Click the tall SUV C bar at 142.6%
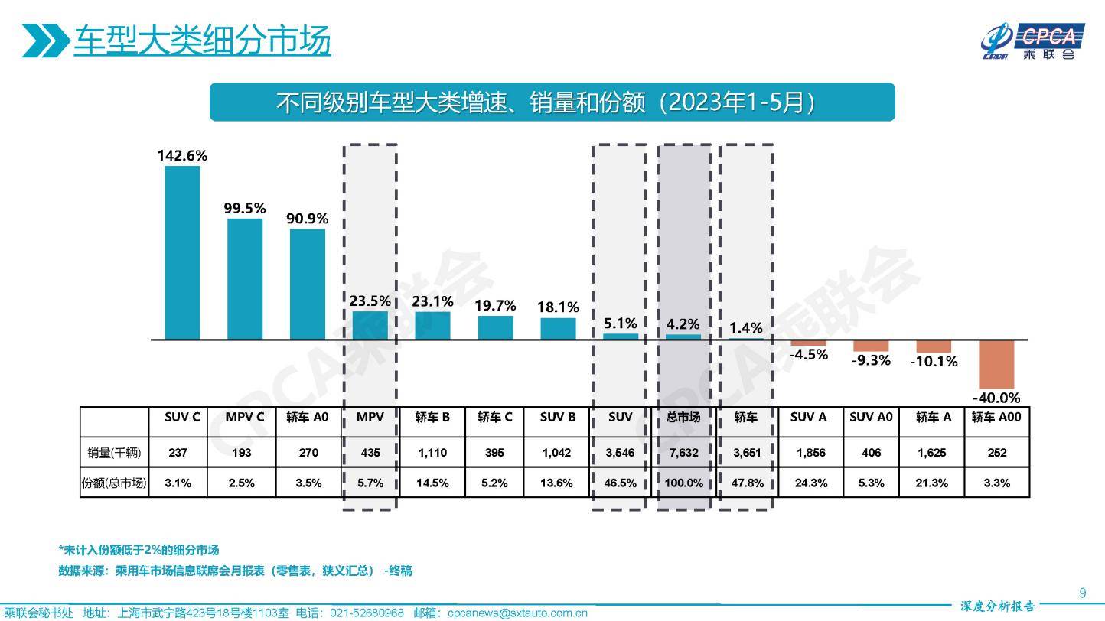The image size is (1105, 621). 182,252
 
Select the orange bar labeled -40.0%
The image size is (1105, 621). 996,365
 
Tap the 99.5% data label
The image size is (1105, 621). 245,208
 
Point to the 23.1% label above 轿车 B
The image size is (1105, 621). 432,301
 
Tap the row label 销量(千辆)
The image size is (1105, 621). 114,453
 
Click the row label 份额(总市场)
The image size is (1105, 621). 114,483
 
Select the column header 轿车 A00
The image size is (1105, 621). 996,418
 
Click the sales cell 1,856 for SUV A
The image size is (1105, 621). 810,453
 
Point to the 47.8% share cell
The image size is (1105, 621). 746,483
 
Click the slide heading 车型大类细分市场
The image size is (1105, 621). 202,41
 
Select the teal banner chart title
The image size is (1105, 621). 552,102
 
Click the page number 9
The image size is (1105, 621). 1082,593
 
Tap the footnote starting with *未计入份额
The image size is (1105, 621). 139,550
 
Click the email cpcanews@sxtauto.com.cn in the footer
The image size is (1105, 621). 517,613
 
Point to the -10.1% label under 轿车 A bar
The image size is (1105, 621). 934,361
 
